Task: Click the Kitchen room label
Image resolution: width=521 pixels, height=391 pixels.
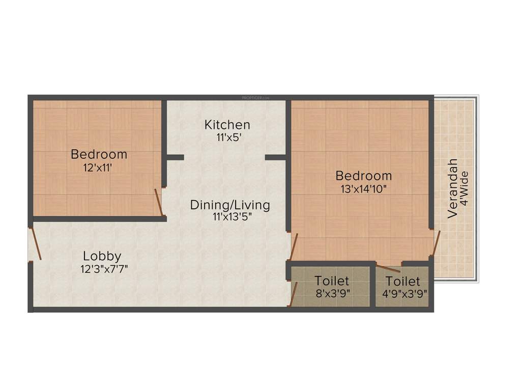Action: coord(227,125)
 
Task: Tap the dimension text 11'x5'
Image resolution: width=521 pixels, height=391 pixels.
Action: coord(227,137)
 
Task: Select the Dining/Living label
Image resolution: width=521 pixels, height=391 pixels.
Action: coord(230,205)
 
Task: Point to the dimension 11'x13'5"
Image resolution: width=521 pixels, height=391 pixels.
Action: coord(230,216)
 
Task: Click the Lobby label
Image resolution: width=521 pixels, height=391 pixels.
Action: coord(102,256)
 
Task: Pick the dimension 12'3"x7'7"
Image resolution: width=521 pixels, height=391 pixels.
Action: coord(103,269)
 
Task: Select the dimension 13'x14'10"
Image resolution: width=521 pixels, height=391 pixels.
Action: coord(364,189)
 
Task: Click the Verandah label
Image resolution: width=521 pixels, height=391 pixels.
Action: coord(452,189)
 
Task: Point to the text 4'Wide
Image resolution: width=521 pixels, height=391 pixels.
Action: coord(464,188)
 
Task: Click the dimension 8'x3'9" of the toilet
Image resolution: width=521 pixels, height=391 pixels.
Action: coord(332,293)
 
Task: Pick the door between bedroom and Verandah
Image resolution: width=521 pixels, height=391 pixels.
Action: coord(436,243)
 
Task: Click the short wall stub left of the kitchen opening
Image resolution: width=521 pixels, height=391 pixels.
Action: coord(175,157)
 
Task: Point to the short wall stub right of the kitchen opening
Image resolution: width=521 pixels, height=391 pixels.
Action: coord(275,157)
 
